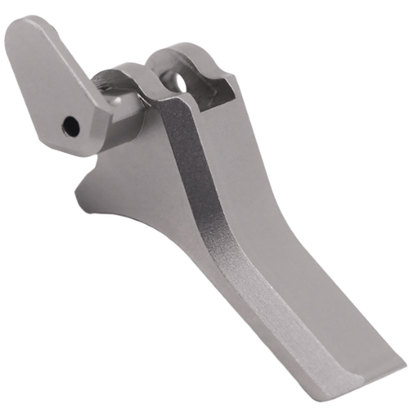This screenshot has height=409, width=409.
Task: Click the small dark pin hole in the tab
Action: pyautogui.click(x=71, y=126)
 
